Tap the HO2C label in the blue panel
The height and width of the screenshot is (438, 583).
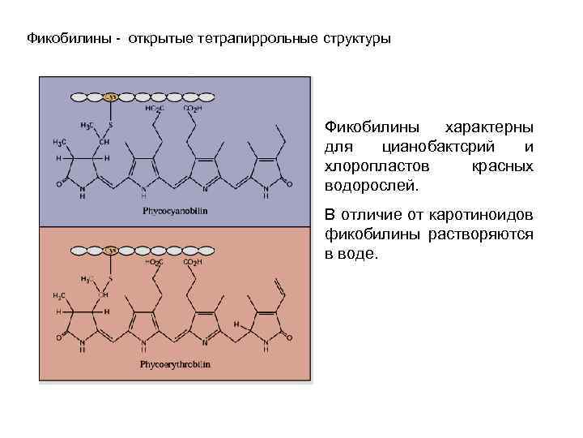click(154, 109)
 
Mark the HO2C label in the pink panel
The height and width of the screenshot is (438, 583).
click(154, 263)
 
